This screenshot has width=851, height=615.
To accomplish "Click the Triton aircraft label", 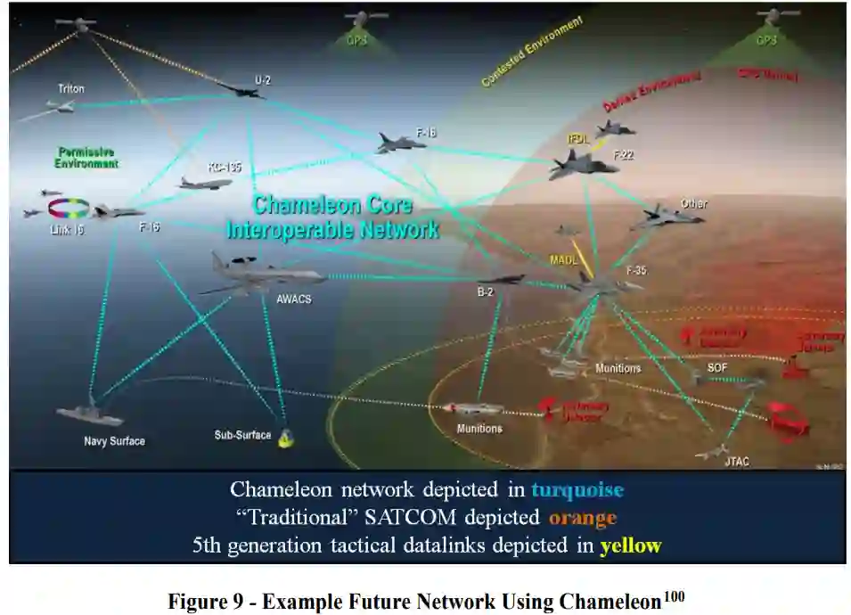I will point(70,89).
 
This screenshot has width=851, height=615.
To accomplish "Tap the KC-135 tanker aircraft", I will point(206,183).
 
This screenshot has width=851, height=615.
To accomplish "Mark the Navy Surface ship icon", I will point(90,414).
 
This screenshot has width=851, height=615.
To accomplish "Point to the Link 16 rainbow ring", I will point(68,209).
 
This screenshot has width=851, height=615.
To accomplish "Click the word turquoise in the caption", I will point(577,489).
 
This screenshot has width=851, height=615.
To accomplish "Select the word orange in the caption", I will point(583,517).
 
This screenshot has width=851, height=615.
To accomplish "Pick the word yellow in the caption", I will point(631,545).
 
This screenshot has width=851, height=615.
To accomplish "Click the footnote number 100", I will point(673,594).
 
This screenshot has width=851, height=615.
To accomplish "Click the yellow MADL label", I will point(564,259).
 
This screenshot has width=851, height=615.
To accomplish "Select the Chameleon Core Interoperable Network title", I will point(332,217).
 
